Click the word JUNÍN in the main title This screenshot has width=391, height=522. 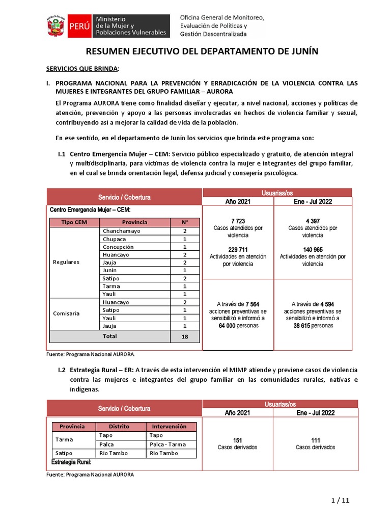coord(305,52)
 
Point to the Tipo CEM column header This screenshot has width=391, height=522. coord(74,222)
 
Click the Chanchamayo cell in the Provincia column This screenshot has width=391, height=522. coord(121,231)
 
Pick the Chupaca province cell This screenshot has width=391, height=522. coord(115,239)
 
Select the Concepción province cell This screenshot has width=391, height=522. coord(119,247)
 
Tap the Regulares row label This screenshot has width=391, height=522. coord(66,262)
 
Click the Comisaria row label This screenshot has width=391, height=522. coord(66,314)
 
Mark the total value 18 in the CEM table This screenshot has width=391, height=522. coord(184,337)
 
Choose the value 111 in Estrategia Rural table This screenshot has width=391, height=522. coord(315,440)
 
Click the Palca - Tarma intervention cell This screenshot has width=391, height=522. coord(167,444)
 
